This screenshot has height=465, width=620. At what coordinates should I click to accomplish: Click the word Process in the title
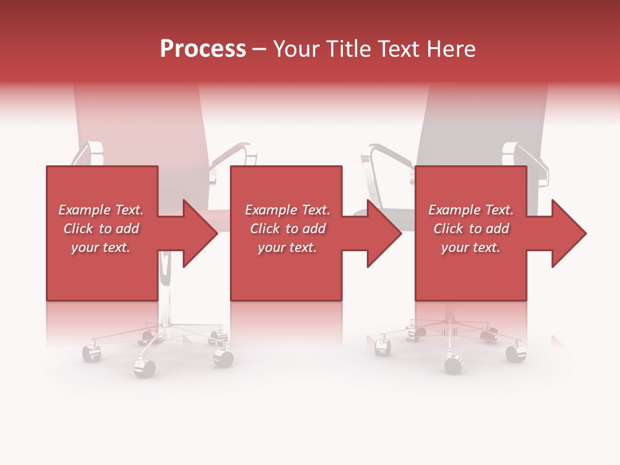tap(203, 49)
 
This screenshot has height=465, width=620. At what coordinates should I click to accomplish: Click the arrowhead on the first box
tap(199, 234)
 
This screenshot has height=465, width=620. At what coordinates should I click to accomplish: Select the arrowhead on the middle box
tap(384, 234)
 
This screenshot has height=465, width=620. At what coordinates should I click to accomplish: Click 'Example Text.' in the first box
tap(101, 210)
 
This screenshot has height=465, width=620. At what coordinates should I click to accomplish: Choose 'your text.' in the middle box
tap(287, 247)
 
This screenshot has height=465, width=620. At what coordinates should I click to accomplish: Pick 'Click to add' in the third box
tap(471, 229)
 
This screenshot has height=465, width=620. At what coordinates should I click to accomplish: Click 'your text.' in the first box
tap(101, 247)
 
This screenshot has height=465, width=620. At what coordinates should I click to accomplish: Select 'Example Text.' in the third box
tap(471, 210)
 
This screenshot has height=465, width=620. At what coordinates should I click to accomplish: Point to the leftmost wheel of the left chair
tap(90, 353)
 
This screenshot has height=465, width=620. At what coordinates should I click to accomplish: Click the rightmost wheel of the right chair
tap(515, 353)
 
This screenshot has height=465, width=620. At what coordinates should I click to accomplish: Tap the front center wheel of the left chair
tap(145, 367)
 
